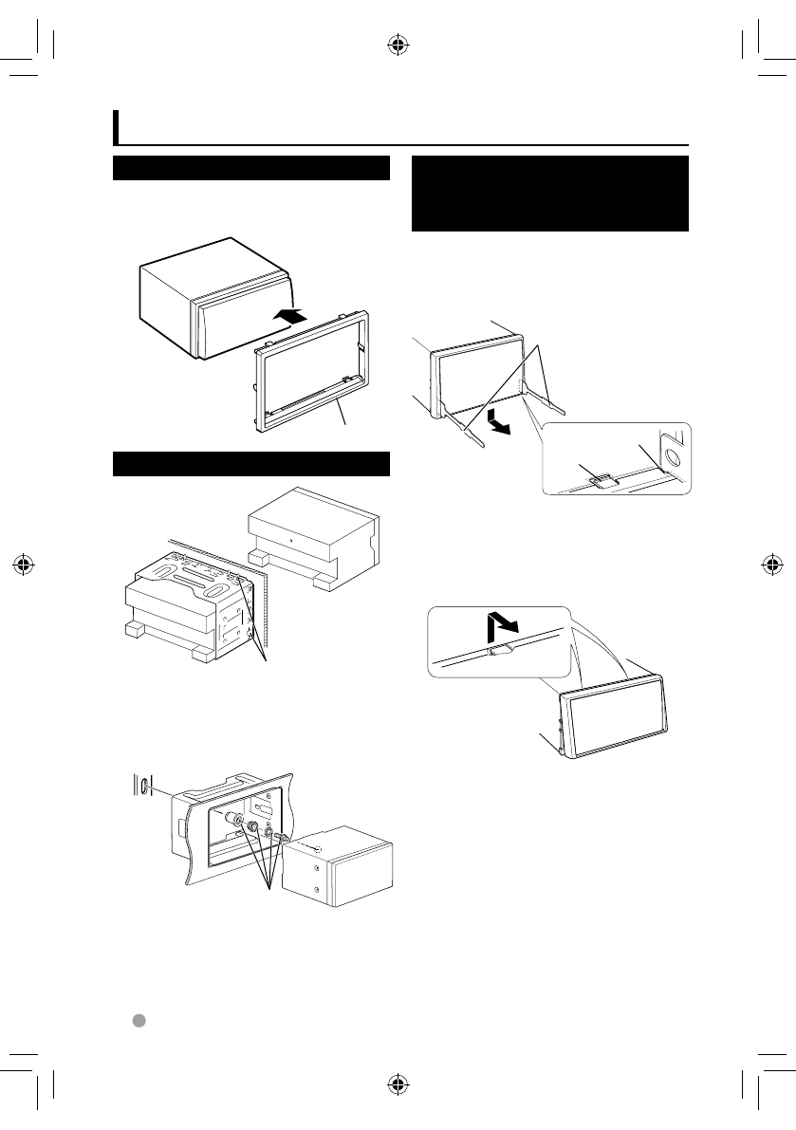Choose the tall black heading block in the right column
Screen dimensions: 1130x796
tap(549, 194)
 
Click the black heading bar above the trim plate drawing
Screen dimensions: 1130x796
tap(251, 168)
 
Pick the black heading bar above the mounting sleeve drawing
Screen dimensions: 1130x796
tap(251, 464)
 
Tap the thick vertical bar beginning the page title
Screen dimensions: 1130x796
tap(117, 126)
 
